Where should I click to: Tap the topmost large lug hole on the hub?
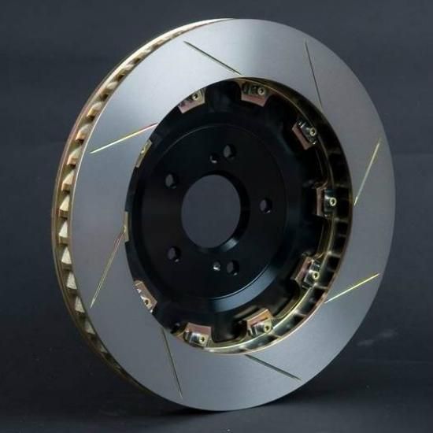pyautogui.click(x=229, y=151)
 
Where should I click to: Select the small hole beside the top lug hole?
pyautogui.click(x=214, y=158)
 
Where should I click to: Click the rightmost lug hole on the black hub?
pyautogui.click(x=266, y=205)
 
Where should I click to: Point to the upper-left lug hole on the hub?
pyautogui.click(x=171, y=180)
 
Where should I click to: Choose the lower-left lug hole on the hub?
pyautogui.click(x=175, y=254)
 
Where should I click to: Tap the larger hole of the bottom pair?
pyautogui.click(x=231, y=268)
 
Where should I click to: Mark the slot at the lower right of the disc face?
pyautogui.click(x=348, y=290)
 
